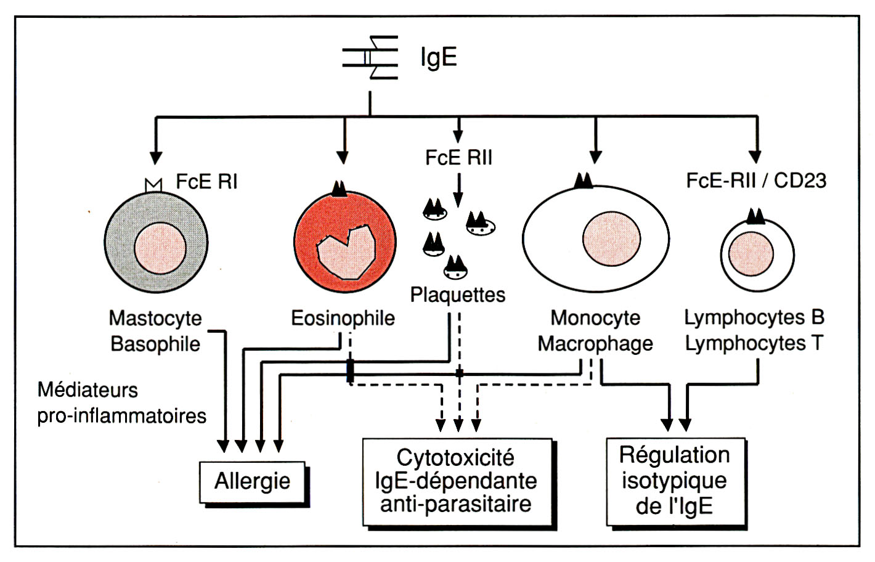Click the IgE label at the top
click(x=438, y=57)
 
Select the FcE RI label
click(x=206, y=182)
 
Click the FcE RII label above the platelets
click(x=458, y=158)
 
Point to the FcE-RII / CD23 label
click(x=756, y=181)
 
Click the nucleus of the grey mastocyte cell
click(x=160, y=249)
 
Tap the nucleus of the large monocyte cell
click(x=611, y=239)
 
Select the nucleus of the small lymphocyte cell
click(x=751, y=254)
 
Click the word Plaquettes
click(x=458, y=295)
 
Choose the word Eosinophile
click(x=343, y=318)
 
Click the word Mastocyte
click(x=155, y=318)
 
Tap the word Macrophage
click(x=595, y=343)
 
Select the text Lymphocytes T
click(x=754, y=343)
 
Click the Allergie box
click(x=253, y=481)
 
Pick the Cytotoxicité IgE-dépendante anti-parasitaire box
click(x=457, y=481)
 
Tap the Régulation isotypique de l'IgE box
click(x=675, y=481)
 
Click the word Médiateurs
click(x=87, y=389)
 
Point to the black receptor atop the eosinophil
click(x=339, y=189)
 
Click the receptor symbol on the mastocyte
click(x=153, y=184)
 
